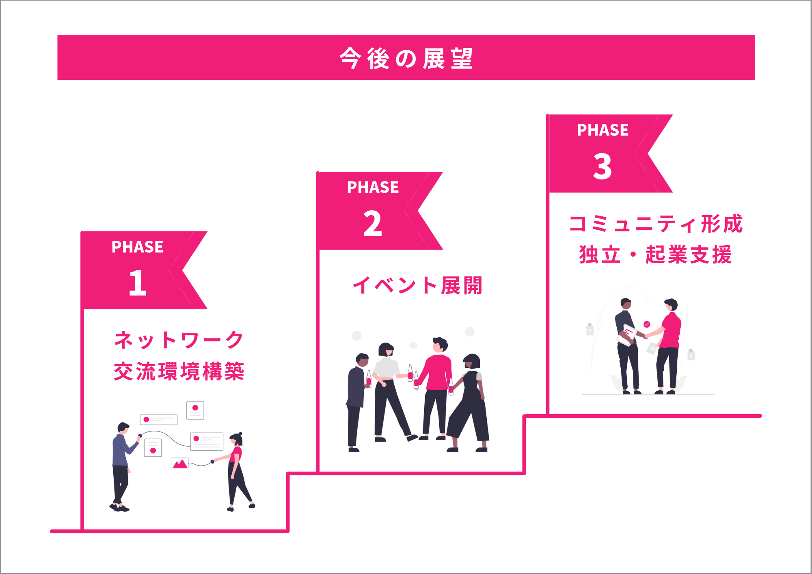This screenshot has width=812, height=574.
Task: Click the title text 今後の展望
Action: coord(406,58)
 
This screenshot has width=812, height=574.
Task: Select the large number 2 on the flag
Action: coord(373,223)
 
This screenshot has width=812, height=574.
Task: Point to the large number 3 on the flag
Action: coord(602,166)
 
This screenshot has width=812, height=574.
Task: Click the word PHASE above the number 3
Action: coord(603,130)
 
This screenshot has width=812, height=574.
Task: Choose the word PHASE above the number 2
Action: coord(373,187)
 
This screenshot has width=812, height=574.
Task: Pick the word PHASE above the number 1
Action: coord(137,247)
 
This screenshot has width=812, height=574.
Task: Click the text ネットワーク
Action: coord(179,340)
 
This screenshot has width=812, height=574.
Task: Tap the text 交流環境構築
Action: coord(179,371)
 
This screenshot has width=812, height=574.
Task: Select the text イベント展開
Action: coord(417,285)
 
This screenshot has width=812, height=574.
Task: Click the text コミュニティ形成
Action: coord(656,224)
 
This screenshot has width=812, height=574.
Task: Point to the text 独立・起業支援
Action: coord(656,255)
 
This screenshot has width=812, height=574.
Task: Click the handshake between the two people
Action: coord(645,336)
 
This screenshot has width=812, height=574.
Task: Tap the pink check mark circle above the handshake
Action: coord(647,324)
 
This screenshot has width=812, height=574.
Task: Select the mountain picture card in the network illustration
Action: coord(179,463)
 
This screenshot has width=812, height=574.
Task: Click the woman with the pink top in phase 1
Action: coord(238,471)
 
